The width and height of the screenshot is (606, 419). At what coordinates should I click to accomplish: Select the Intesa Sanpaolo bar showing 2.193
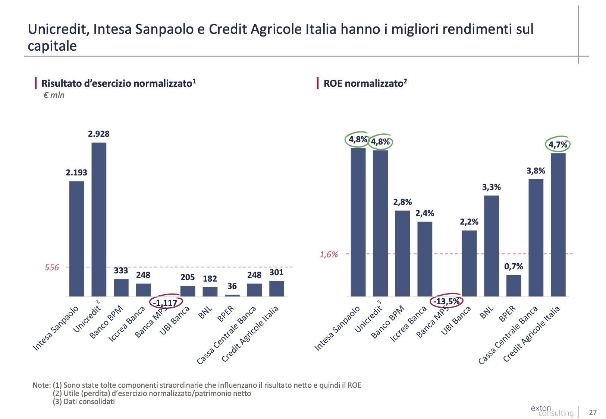(x=77, y=238)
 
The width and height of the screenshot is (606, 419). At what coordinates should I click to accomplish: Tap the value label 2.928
(x=99, y=134)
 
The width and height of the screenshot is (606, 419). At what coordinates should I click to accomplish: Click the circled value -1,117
(x=166, y=303)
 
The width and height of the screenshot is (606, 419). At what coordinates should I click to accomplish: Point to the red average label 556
(x=52, y=267)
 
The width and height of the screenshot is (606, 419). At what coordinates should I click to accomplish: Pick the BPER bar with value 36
(x=232, y=295)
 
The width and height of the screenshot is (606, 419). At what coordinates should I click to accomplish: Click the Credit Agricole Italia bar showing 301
(x=277, y=289)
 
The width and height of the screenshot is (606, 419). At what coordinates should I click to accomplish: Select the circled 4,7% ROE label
(x=558, y=145)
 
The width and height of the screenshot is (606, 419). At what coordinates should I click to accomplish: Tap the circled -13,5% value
(x=446, y=301)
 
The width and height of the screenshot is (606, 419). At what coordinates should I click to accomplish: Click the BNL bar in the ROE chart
(x=492, y=246)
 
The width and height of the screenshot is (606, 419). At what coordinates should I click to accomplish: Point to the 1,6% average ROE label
(x=329, y=254)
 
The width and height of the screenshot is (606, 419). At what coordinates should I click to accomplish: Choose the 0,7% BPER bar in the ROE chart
(x=514, y=286)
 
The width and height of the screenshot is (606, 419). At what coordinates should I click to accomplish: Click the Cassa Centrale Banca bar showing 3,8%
(x=536, y=238)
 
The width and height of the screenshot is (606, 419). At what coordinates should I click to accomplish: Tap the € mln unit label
(x=54, y=95)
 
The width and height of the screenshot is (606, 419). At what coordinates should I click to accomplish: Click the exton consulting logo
(x=552, y=410)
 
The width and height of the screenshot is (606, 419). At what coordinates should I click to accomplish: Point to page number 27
(x=593, y=412)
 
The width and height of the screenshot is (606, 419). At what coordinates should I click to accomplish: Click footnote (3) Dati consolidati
(x=84, y=401)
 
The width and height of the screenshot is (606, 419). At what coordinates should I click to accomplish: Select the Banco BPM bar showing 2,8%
(x=402, y=253)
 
